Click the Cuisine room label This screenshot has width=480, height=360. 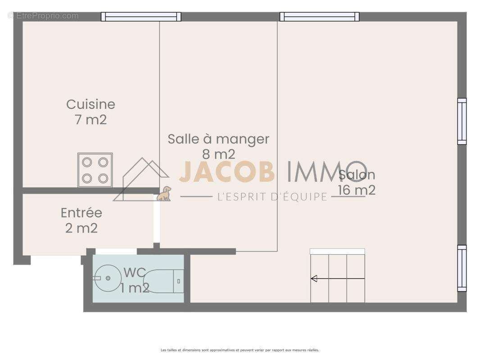pyautogui.click(x=91, y=104)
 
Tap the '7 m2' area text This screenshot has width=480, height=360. pyautogui.click(x=91, y=120)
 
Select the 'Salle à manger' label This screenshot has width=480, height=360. pyautogui.click(x=218, y=139)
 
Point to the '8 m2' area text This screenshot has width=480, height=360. pyautogui.click(x=218, y=154)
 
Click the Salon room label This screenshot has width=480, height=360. pyautogui.click(x=357, y=175)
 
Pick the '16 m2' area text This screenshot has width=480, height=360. pyautogui.click(x=357, y=190)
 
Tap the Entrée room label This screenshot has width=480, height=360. pyautogui.click(x=82, y=212)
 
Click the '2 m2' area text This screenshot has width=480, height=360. pyautogui.click(x=82, y=228)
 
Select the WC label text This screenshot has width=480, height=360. pyautogui.click(x=134, y=272)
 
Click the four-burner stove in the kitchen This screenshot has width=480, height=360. pyautogui.click(x=95, y=170)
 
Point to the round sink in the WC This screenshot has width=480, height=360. pyautogui.click(x=107, y=278)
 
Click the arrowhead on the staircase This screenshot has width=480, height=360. pyautogui.click(x=314, y=279)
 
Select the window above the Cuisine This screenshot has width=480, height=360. pyautogui.click(x=141, y=17)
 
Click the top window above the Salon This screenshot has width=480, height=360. pyautogui.click(x=319, y=17)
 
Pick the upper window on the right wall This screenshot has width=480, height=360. pyautogui.click(x=462, y=121)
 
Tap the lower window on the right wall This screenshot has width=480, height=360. pyautogui.click(x=462, y=268)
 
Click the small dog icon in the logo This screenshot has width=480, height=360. pyautogui.click(x=164, y=194)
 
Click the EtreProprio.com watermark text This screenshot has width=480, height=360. pyautogui.click(x=43, y=16)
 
